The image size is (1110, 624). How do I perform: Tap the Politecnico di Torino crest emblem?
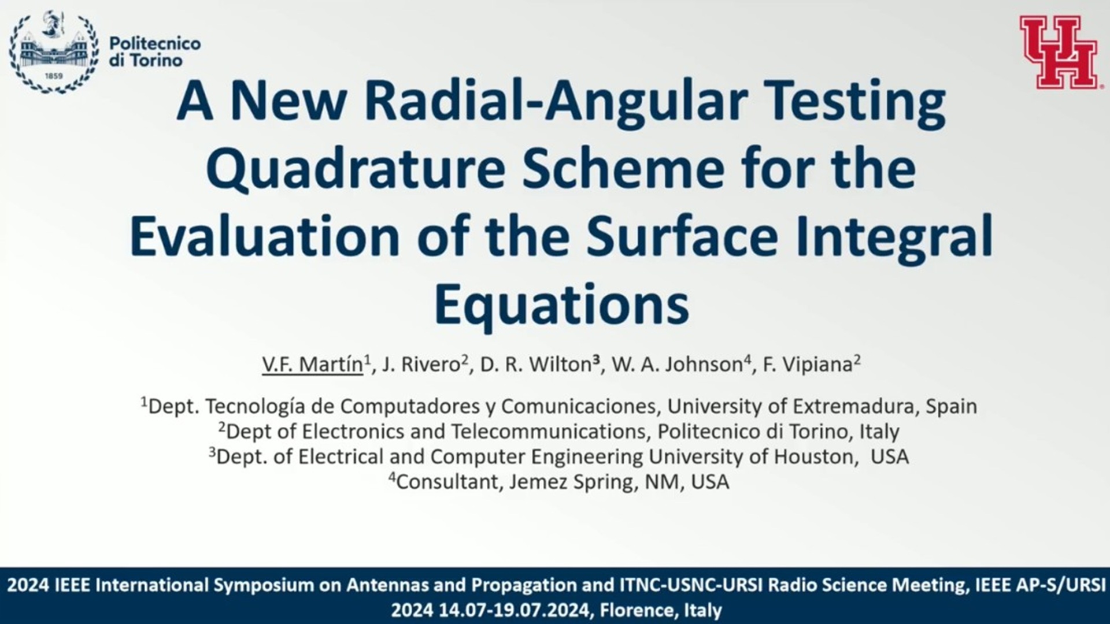pyautogui.click(x=54, y=52)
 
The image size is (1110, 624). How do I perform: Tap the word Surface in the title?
pyautogui.click(x=682, y=237)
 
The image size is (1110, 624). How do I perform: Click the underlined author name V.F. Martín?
pyautogui.click(x=312, y=365)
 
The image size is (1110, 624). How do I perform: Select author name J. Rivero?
pyautogui.click(x=420, y=365)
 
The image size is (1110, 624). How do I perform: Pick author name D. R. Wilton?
pyautogui.click(x=535, y=365)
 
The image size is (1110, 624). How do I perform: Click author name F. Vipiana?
pyautogui.click(x=808, y=365)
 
